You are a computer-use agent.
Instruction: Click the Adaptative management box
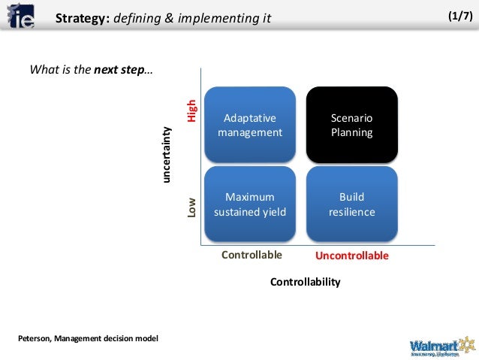point(250,125)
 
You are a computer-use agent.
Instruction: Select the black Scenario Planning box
point(351,125)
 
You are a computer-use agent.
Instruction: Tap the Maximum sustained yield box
point(250,204)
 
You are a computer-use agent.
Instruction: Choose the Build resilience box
point(351,204)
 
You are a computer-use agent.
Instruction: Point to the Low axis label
point(192,207)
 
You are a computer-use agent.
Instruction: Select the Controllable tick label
point(252,255)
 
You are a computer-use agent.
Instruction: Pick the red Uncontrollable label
point(351,256)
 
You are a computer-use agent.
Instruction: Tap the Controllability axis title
point(305,282)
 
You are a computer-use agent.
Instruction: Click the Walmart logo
point(442,346)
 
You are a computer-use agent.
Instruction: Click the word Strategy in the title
point(82,17)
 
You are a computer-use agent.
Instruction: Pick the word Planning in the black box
point(351,133)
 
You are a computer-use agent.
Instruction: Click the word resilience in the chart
point(351,212)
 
